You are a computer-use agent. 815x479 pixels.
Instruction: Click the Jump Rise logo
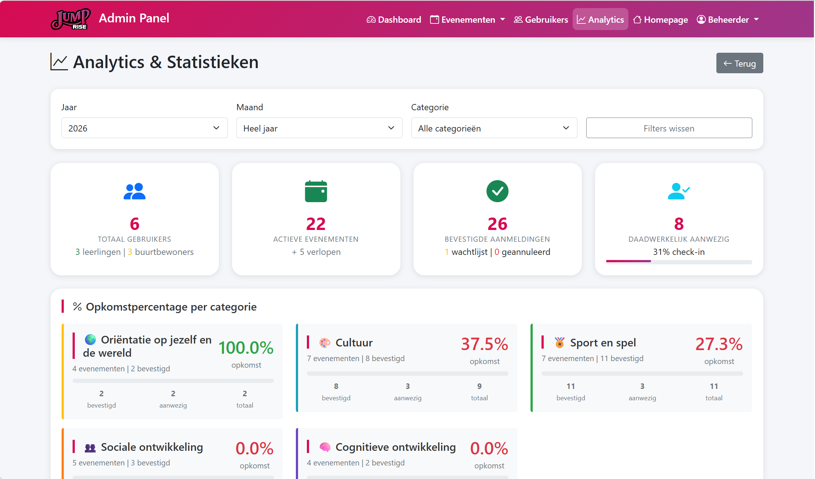click(70, 19)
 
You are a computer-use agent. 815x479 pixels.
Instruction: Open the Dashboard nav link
click(394, 19)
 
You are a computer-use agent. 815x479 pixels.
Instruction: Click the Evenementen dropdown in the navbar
click(467, 19)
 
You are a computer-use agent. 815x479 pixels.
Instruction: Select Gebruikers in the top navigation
click(541, 19)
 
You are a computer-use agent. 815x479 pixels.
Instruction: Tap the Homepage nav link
click(660, 19)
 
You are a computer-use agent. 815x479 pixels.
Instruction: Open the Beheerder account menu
click(728, 19)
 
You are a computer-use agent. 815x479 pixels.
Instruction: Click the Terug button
click(739, 63)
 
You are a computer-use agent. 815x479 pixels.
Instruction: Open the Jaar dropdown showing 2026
click(144, 128)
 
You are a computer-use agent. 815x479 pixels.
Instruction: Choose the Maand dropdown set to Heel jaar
click(319, 128)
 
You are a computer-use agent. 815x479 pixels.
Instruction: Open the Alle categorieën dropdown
click(494, 128)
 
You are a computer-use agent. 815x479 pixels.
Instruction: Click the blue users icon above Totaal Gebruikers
click(135, 191)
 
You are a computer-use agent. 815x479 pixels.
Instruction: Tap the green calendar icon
click(316, 191)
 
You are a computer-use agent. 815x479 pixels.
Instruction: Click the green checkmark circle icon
click(497, 191)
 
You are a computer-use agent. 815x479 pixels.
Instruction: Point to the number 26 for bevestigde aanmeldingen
click(497, 224)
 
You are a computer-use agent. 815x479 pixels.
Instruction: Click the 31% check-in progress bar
click(679, 261)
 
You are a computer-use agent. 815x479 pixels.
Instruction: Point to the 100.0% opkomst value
click(246, 348)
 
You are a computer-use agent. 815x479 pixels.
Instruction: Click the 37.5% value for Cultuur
click(484, 344)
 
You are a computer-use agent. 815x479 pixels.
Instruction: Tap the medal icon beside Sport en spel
click(559, 343)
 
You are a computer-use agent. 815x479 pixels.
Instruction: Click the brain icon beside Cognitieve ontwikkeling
click(325, 447)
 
